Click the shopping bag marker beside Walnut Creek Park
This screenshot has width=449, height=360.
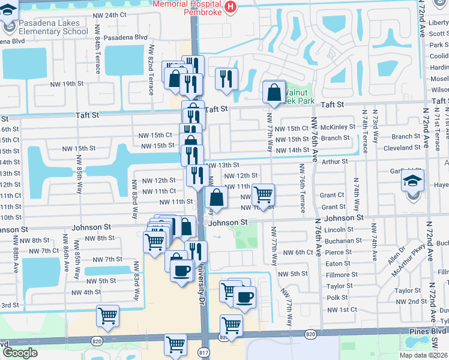pyautogui.click(x=274, y=92)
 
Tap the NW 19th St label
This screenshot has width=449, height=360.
pyautogui.click(x=65, y=83)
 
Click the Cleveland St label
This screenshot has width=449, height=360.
pyautogui.click(x=402, y=148)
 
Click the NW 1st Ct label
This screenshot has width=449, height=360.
pyautogui.click(x=342, y=310)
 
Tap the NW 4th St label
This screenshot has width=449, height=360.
pyautogui.click(x=86, y=292)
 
